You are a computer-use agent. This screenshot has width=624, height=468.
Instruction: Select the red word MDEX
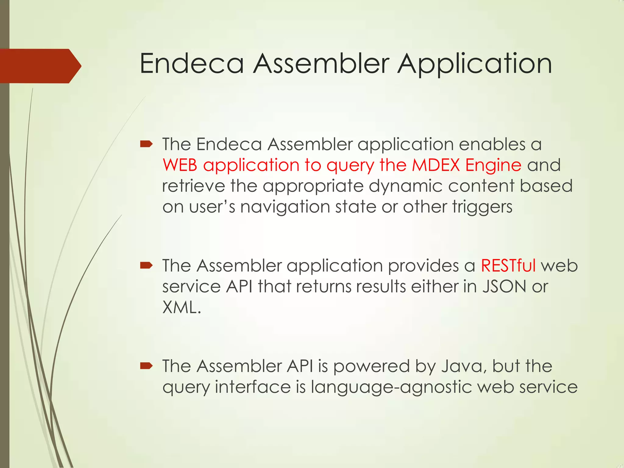[436, 165]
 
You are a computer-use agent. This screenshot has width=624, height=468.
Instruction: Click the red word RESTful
[508, 265]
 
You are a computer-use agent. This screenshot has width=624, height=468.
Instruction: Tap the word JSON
[504, 286]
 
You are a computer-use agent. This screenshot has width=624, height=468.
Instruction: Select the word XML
[181, 307]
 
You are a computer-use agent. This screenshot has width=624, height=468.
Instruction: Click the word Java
[463, 366]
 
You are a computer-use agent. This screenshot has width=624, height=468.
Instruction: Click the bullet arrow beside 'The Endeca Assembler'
[146, 144]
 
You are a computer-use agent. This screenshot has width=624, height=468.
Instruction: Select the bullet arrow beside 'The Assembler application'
[146, 265]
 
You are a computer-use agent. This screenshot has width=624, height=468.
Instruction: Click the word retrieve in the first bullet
[193, 186]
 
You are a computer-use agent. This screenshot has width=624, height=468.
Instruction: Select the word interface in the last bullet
[253, 387]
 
